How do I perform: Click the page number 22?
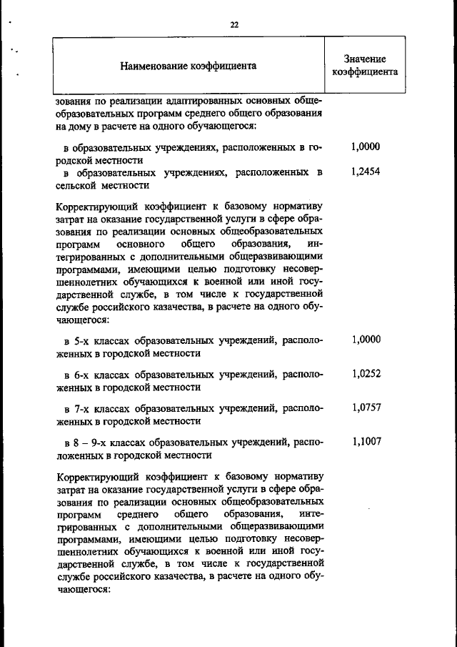[x=233, y=24]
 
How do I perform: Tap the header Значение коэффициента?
[x=365, y=66]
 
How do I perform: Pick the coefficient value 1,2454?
[x=366, y=172]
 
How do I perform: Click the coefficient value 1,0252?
[x=366, y=372]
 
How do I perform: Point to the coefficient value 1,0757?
[x=366, y=407]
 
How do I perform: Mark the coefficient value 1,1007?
[x=366, y=441]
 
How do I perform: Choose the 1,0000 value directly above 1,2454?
[x=366, y=147]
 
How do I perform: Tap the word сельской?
[x=80, y=185]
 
